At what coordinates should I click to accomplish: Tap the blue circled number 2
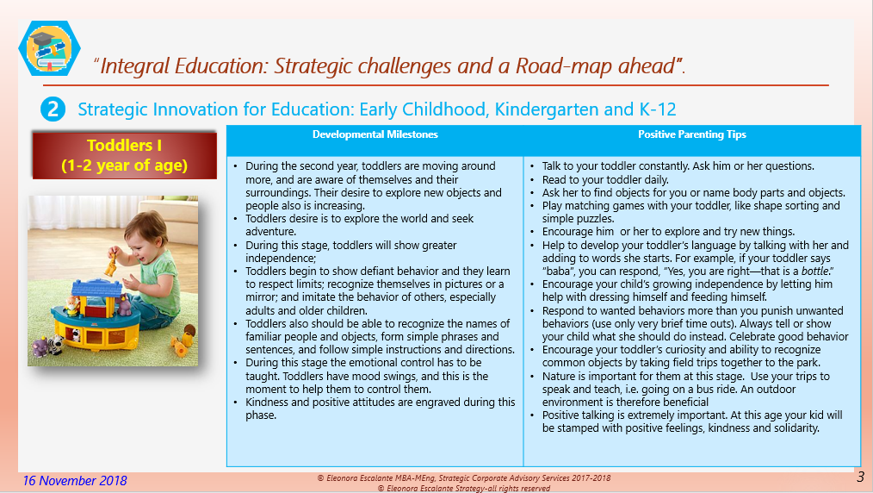pos(53,109)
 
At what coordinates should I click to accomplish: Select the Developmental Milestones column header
pos(375,134)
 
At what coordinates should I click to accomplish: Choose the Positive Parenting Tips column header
pos(691,134)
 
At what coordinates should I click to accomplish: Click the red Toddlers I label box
pos(124,156)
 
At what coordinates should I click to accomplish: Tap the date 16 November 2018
pos(75,480)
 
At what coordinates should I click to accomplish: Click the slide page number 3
pos(860,477)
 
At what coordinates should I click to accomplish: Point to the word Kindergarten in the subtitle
pos(508,109)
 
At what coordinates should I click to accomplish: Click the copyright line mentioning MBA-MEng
pos(464,477)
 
